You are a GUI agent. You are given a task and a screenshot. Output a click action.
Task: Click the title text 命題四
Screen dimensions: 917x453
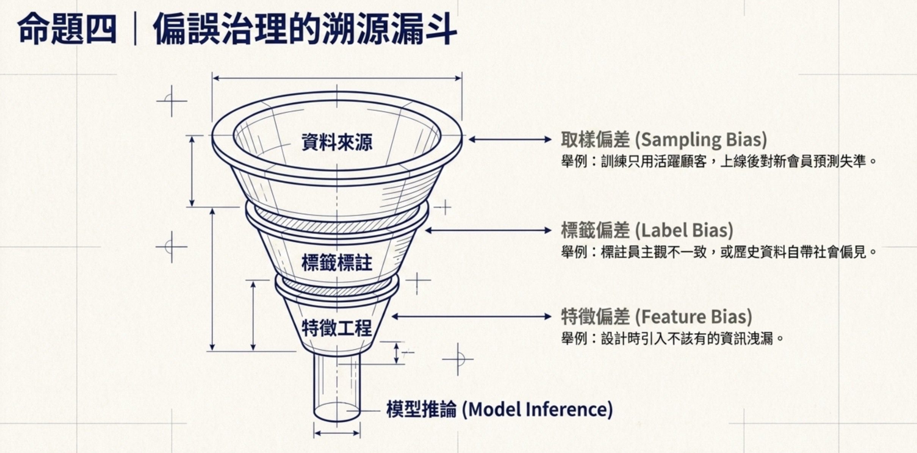pos(67,29)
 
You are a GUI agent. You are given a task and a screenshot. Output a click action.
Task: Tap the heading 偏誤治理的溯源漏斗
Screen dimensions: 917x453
pos(305,29)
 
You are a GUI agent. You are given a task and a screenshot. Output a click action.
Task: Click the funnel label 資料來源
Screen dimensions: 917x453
pos(337,142)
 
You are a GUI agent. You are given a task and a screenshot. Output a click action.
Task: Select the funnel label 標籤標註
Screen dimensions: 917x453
pos(337,262)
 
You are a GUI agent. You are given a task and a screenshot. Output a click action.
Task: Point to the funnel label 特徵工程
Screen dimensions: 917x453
pos(337,328)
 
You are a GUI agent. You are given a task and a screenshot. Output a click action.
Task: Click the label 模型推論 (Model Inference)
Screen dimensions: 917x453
pos(499,409)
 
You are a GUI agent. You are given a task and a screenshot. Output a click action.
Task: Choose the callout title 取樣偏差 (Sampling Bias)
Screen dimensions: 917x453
pos(664,139)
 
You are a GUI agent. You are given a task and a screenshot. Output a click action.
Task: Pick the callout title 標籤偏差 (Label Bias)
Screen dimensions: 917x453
pos(647,230)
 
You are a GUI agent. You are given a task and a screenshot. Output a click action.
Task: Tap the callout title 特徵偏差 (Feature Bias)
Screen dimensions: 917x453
pos(656,317)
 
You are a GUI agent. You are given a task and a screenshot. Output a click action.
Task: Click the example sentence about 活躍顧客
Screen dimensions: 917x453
pos(719,162)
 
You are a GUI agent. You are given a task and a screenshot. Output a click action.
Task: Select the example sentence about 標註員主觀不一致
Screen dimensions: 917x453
pos(719,252)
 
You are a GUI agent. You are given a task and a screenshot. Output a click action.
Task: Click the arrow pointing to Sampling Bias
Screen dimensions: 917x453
pos(510,139)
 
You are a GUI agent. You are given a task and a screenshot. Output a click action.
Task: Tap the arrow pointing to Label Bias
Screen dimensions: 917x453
pos(488,230)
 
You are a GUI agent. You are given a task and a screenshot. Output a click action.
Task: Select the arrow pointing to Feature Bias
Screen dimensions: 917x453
pos(471,317)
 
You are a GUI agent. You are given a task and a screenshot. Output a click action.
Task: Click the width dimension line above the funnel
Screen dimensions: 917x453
pos(337,78)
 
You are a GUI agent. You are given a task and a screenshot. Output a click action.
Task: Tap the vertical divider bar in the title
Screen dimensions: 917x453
pos(135,29)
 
